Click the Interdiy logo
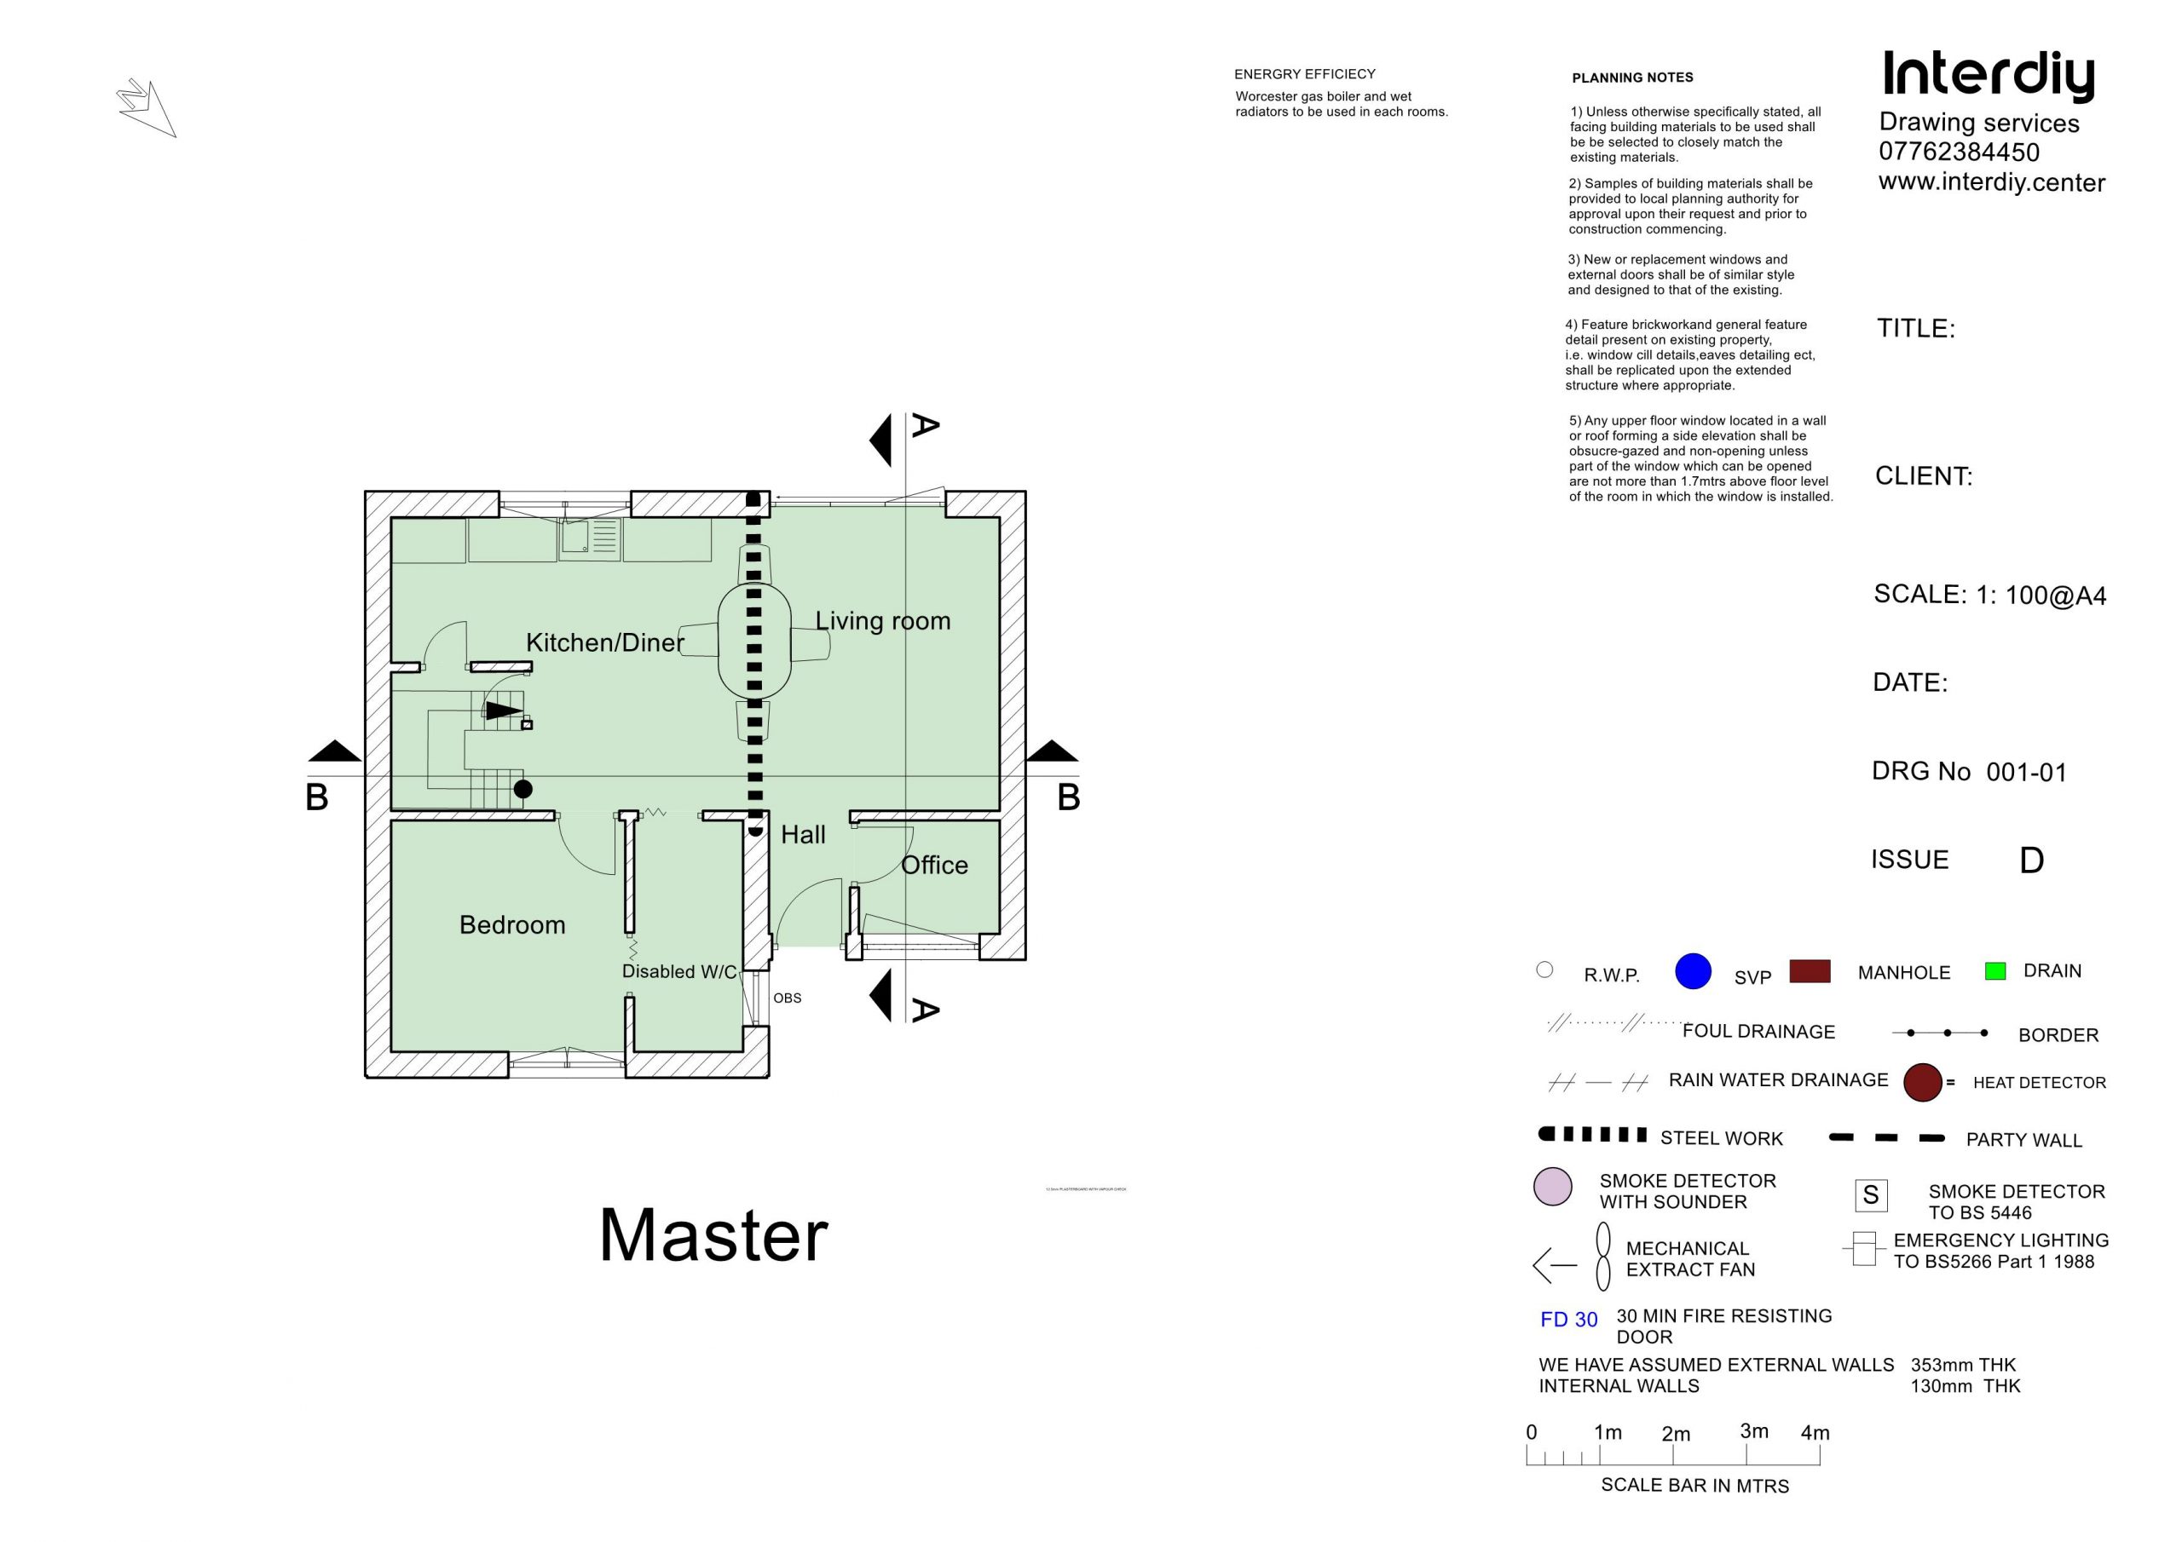coord(1989,75)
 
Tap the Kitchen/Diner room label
coord(604,643)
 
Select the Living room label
coord(882,621)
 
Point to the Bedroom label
coord(511,925)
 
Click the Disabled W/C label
coord(678,972)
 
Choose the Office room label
coord(933,866)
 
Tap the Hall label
coord(802,835)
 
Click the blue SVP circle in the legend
coord(1693,971)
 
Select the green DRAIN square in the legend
coord(1994,971)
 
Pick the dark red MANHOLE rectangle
coord(1810,971)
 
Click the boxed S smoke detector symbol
coord(1870,1195)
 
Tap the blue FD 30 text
coord(1569,1320)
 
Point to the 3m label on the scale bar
coord(1753,1431)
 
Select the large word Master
coord(713,1236)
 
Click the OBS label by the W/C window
coord(787,998)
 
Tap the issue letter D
coord(2031,860)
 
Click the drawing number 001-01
coord(2026,773)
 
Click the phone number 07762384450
coord(1959,152)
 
